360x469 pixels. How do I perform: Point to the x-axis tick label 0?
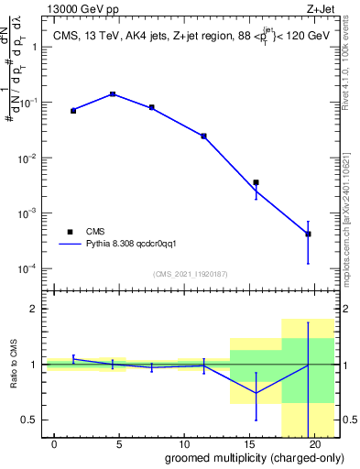click(55, 444)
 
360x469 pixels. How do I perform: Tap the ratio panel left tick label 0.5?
click(31, 420)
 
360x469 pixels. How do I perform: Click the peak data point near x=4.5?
click(113, 93)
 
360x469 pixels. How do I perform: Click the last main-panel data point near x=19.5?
click(308, 234)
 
